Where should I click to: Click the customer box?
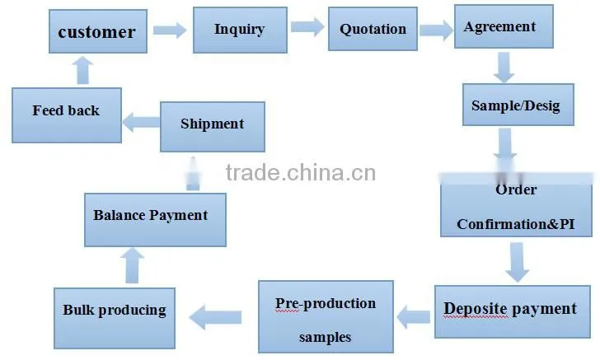pyautogui.click(x=98, y=31)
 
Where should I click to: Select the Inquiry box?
pyautogui.click(x=240, y=30)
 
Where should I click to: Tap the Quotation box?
pyautogui.click(x=373, y=29)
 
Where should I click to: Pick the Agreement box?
pyautogui.click(x=504, y=26)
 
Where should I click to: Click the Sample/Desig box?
pyautogui.click(x=518, y=105)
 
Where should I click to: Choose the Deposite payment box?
pyautogui.click(x=513, y=311)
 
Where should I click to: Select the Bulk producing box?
pyautogui.click(x=115, y=318)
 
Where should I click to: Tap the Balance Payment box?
pyautogui.click(x=155, y=220)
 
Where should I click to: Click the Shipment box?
pyautogui.click(x=213, y=127)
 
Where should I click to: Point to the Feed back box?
pyautogui.click(x=67, y=115)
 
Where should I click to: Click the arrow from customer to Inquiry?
pyautogui.click(x=170, y=30)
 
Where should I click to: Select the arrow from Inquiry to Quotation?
pyautogui.click(x=307, y=27)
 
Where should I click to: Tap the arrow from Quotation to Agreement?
pyautogui.click(x=437, y=30)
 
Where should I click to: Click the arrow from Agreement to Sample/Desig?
pyautogui.click(x=504, y=68)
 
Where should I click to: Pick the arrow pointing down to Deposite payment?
pyautogui.click(x=517, y=263)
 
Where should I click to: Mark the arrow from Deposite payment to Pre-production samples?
pyautogui.click(x=414, y=317)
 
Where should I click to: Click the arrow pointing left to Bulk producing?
pyautogui.click(x=215, y=317)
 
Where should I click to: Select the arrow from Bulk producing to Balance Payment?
pyautogui.click(x=132, y=265)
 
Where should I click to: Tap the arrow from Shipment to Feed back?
pyautogui.click(x=141, y=122)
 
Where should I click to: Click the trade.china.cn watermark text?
pyautogui.click(x=301, y=172)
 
